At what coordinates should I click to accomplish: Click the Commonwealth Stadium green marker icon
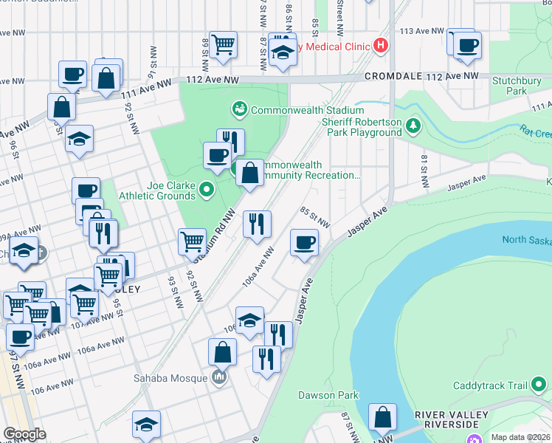(x=240, y=110)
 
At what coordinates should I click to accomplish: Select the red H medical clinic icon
(x=380, y=46)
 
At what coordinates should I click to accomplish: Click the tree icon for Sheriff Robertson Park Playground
(x=414, y=126)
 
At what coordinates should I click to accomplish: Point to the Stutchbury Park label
(x=510, y=86)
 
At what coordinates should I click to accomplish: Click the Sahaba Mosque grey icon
(x=218, y=379)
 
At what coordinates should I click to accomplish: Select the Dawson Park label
(x=328, y=395)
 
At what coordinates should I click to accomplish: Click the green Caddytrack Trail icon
(x=539, y=385)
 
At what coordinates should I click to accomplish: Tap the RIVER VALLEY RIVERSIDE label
(x=452, y=420)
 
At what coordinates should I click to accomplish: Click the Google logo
(x=24, y=434)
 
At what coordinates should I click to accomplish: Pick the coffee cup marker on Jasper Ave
(x=303, y=242)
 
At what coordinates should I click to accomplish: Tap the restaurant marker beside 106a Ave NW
(x=257, y=223)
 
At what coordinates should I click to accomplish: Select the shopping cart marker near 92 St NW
(x=192, y=241)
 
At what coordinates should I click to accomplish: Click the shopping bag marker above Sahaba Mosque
(x=222, y=352)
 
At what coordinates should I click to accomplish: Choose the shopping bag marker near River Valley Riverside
(x=383, y=418)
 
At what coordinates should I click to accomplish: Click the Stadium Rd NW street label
(x=214, y=236)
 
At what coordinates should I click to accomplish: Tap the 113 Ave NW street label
(x=421, y=32)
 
